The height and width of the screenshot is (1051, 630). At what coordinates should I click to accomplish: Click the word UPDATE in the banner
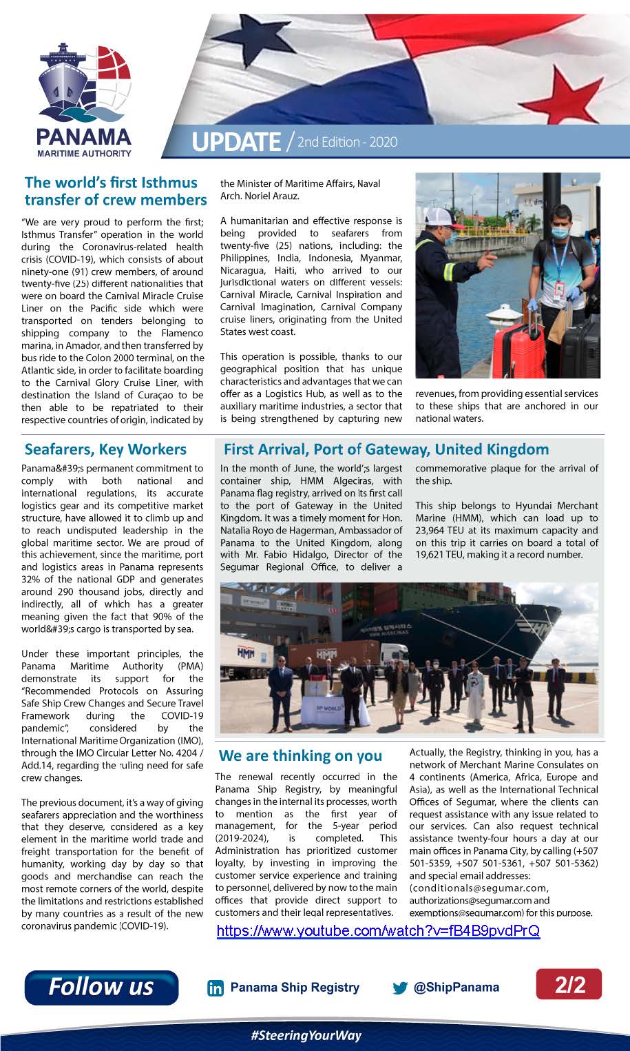pyautogui.click(x=235, y=142)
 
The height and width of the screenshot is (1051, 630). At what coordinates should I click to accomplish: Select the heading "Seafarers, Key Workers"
pyautogui.click(x=105, y=449)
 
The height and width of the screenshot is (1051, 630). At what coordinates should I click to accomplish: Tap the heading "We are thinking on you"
pyautogui.click(x=300, y=755)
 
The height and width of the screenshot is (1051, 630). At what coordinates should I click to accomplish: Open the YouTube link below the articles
pyautogui.click(x=378, y=931)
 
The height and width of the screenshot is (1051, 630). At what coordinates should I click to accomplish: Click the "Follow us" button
pyautogui.click(x=101, y=987)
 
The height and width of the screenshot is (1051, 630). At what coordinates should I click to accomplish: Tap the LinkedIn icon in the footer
pyautogui.click(x=216, y=988)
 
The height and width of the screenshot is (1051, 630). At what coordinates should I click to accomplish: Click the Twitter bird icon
pyautogui.click(x=400, y=988)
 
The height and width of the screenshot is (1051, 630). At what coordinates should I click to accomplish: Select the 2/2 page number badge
pyautogui.click(x=569, y=984)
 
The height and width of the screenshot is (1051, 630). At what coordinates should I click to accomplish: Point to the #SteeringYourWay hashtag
pyautogui.click(x=306, y=1035)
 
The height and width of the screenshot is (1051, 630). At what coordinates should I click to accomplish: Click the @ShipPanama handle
pyautogui.click(x=456, y=987)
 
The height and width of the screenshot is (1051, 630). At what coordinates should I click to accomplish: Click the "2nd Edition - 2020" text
pyautogui.click(x=348, y=142)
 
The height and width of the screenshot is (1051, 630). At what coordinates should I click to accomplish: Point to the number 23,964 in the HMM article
pyautogui.click(x=434, y=531)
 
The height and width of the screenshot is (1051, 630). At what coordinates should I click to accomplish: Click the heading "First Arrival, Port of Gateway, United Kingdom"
pyautogui.click(x=386, y=449)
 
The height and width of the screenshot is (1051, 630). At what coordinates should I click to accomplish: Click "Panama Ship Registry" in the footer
pyautogui.click(x=295, y=987)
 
